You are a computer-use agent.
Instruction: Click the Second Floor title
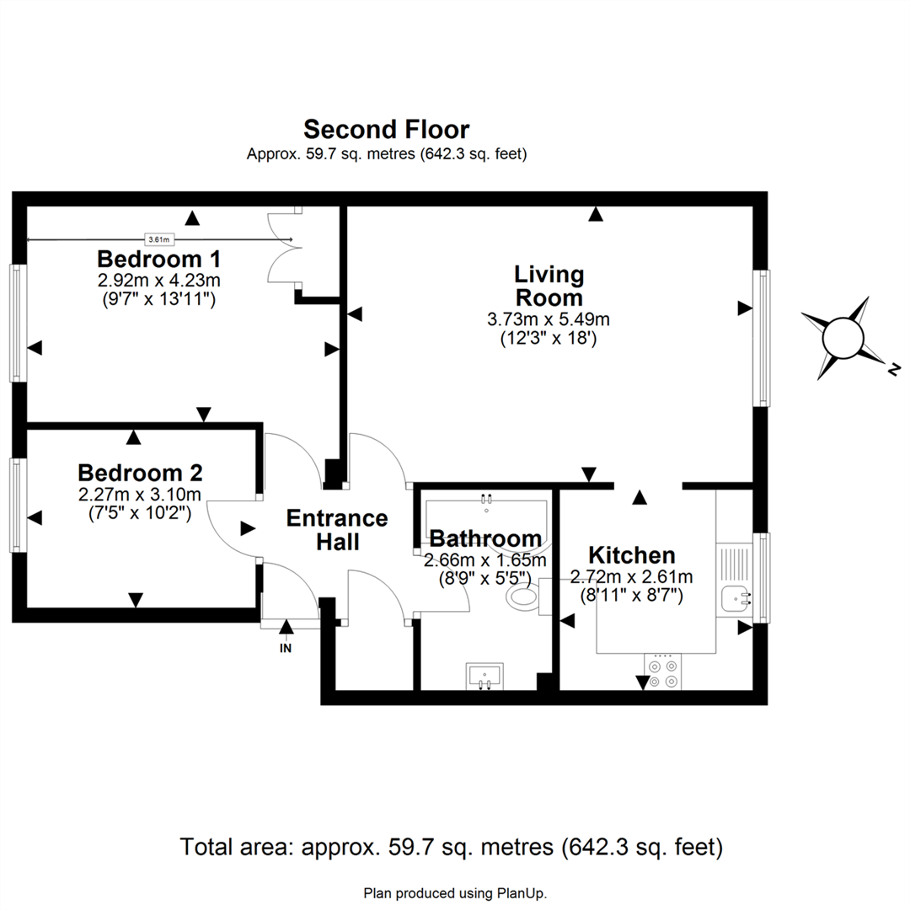coord(386,130)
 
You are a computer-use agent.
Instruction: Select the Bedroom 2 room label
coord(140,472)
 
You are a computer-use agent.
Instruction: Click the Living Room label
coord(549,286)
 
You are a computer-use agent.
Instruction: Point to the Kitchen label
coord(631,555)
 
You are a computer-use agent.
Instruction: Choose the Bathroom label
coord(485,538)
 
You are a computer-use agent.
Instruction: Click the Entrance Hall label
coord(337,529)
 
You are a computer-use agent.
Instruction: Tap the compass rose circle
coord(843,339)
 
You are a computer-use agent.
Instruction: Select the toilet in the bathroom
coord(524,597)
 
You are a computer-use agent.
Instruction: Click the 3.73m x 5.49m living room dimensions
coord(549,319)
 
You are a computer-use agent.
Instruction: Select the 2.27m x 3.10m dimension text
coord(140,495)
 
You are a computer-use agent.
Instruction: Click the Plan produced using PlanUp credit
coord(460,892)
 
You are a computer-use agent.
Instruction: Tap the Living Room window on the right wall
coord(762,337)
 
